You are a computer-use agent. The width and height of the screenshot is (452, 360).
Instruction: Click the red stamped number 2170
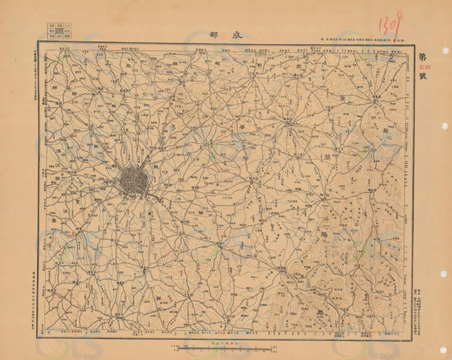(x=423, y=66)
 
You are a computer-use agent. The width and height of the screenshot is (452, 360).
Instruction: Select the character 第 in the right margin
(x=423, y=57)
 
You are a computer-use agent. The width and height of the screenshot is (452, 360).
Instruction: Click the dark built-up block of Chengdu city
(x=133, y=180)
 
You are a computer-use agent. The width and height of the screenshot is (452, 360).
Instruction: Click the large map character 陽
(x=323, y=232)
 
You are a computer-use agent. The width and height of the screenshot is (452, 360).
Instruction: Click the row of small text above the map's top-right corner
(x=362, y=38)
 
